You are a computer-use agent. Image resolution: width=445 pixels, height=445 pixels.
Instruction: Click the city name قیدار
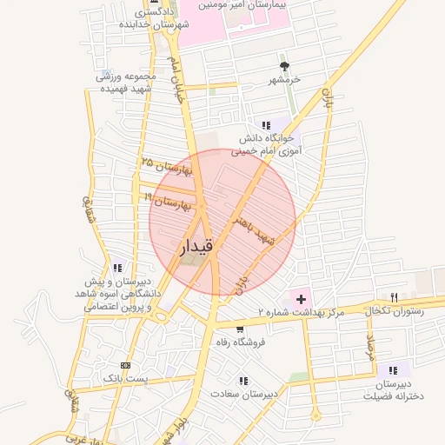[196, 249]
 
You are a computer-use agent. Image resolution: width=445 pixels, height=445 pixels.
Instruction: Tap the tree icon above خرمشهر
[284, 66]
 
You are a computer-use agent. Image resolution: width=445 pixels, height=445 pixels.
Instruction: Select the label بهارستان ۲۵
[163, 165]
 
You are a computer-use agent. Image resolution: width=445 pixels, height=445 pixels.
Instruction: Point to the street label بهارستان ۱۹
[168, 203]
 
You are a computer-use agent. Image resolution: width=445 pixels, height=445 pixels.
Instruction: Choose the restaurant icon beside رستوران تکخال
[394, 297]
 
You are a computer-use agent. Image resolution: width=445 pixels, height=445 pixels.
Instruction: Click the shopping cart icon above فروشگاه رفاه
[240, 329]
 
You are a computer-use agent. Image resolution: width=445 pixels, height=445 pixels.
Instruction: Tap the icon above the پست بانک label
[126, 365]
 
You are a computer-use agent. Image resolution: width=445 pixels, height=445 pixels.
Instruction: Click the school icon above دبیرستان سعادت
[243, 380]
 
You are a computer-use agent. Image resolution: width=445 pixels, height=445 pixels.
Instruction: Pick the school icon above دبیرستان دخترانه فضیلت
[394, 370]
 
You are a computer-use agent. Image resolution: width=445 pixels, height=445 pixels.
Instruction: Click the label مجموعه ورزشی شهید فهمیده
[126, 83]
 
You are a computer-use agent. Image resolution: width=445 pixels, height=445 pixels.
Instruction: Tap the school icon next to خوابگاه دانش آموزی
[266, 125]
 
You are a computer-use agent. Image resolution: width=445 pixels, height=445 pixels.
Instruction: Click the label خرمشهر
[284, 79]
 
